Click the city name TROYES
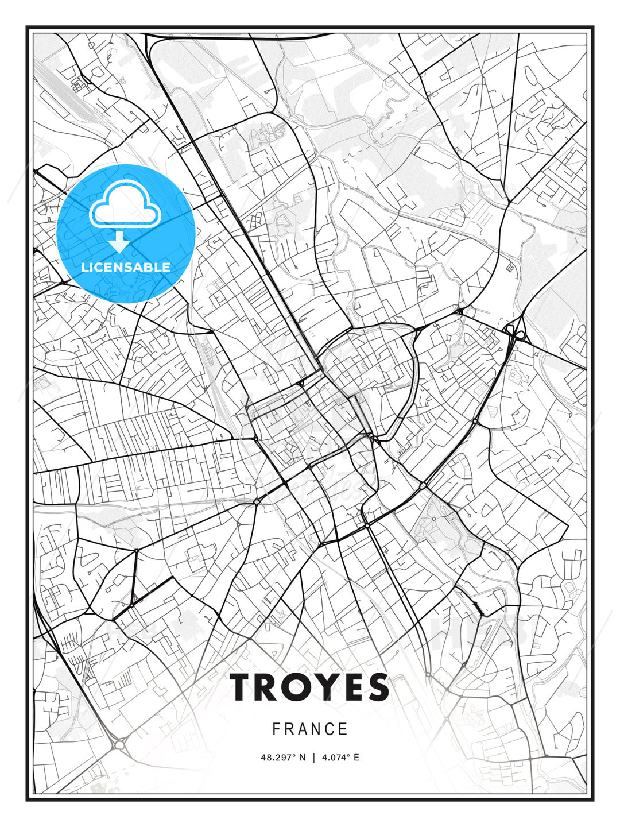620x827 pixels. (x=310, y=687)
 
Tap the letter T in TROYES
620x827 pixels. (x=242, y=687)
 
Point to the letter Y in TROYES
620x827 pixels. (x=324, y=687)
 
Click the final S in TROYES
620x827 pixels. (x=377, y=687)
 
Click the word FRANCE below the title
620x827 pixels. (x=310, y=729)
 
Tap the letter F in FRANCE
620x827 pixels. (x=276, y=729)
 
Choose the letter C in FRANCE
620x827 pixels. (x=330, y=729)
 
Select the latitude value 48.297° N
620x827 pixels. (x=283, y=758)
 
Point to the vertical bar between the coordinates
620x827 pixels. (x=313, y=758)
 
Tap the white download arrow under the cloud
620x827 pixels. (x=119, y=242)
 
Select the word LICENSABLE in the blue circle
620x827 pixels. (x=126, y=267)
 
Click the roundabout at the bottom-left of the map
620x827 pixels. (x=120, y=745)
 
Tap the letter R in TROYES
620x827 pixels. (x=268, y=687)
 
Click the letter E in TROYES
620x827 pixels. (x=351, y=687)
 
